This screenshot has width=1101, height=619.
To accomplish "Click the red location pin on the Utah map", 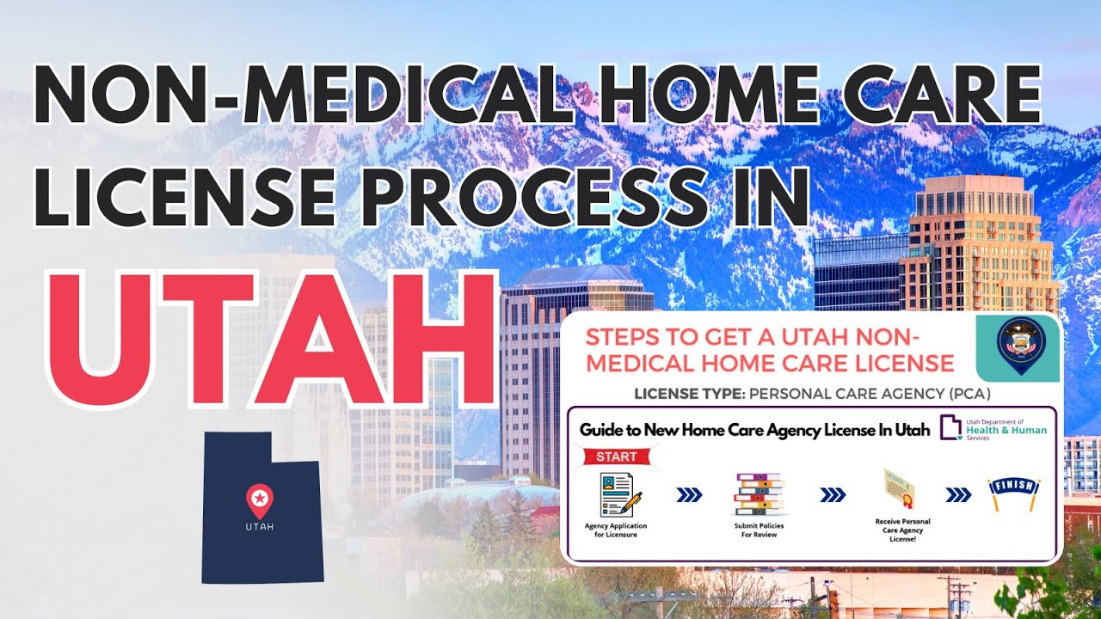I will click(x=259, y=497).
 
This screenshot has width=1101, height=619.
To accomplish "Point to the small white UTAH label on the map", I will click(x=259, y=526).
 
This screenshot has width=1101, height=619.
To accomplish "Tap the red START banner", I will click(x=611, y=456).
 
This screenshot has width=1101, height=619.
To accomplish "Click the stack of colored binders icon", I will click(x=759, y=494).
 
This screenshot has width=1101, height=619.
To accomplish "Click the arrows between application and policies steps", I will click(x=690, y=494).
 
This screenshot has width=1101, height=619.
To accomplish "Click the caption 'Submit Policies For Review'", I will click(x=759, y=530).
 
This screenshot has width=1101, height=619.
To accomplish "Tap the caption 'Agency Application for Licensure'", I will click(x=616, y=530).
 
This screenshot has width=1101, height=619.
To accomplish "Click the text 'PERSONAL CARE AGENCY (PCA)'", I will click(x=869, y=395).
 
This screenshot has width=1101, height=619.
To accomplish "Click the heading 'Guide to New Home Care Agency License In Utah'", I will click(x=753, y=430).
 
